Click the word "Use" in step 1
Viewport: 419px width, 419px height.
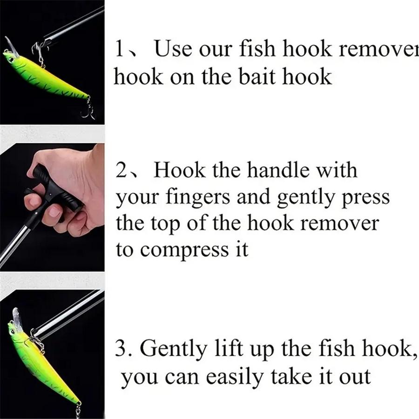tap(173, 48)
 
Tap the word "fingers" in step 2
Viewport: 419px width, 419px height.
tap(197, 198)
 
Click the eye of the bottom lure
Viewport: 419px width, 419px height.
tap(12, 332)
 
